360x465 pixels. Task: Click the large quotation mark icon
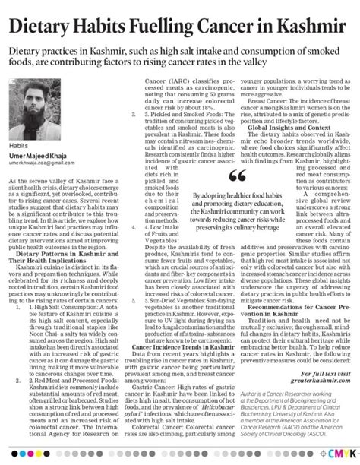[237, 176]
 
